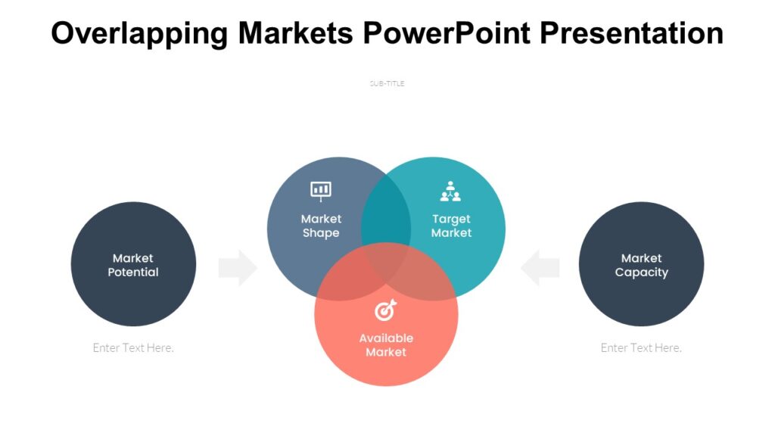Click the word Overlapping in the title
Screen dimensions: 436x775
[139, 33]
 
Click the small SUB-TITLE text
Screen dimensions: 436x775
[387, 83]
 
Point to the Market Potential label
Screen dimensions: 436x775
[133, 265]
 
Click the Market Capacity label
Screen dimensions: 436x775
[641, 265]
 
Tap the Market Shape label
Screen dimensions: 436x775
[321, 226]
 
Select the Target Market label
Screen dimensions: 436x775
[451, 226]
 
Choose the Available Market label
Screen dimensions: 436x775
[386, 344]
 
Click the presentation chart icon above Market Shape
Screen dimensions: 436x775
[321, 191]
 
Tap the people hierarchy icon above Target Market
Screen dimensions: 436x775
[450, 192]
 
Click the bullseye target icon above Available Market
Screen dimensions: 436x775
[385, 310]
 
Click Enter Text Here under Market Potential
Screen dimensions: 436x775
[133, 347]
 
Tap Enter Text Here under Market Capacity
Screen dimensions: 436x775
[641, 347]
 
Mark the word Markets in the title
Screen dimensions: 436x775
[295, 33]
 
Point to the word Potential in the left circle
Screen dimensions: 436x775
[133, 272]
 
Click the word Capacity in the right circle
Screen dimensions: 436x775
[641, 272]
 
